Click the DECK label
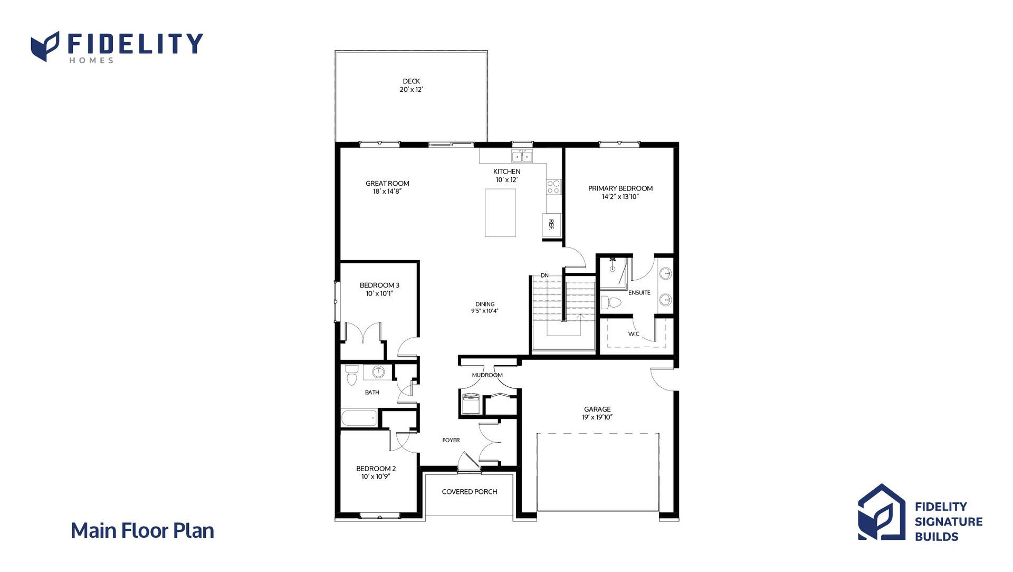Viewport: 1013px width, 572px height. [412, 81]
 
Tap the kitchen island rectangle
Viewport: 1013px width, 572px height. [500, 213]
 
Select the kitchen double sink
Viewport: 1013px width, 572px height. [522, 156]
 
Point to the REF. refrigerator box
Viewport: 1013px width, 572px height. [551, 224]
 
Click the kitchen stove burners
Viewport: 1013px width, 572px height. [553, 187]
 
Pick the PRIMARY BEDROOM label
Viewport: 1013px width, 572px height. [620, 188]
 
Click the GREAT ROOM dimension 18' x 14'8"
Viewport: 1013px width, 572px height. [388, 192]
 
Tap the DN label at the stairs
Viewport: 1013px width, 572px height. [544, 275]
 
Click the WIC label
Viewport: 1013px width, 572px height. [634, 334]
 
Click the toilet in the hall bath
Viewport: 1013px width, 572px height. [351, 375]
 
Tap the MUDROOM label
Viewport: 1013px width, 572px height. [488, 375]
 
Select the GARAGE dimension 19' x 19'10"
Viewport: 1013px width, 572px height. [598, 417]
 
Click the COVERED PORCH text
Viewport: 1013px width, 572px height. [470, 492]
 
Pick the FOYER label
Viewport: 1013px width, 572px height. [451, 440]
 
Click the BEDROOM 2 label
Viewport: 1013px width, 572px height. [376, 469]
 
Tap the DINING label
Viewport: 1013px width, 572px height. [485, 304]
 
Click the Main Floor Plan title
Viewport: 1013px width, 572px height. [142, 531]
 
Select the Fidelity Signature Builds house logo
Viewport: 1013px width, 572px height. [882, 512]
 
